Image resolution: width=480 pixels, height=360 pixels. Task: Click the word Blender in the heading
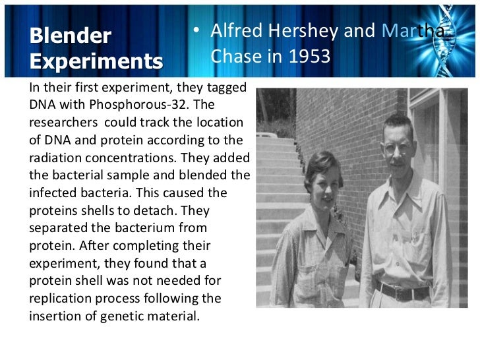[x=71, y=36]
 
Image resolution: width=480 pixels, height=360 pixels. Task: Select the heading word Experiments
[x=96, y=61]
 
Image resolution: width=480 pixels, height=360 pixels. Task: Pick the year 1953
[x=309, y=57]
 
